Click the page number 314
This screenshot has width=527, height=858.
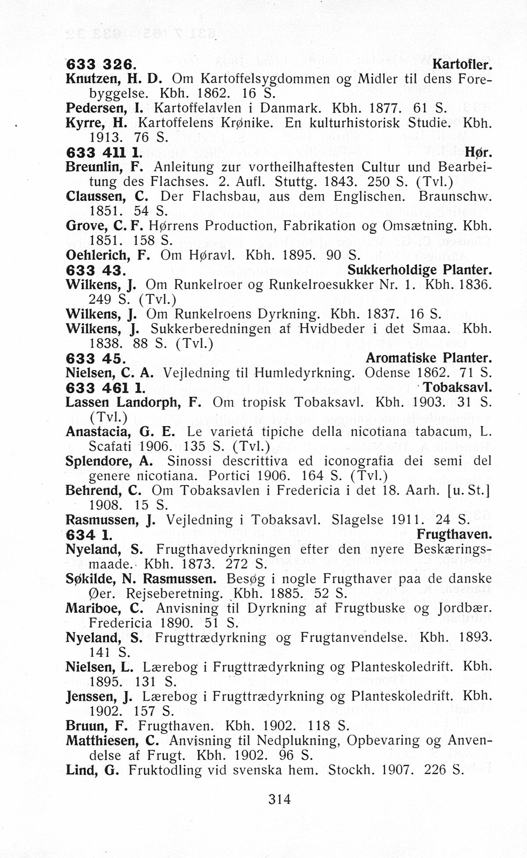pyautogui.click(x=279, y=798)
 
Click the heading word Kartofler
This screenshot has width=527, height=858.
pyautogui.click(x=462, y=65)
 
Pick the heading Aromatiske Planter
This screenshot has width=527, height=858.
pyautogui.click(x=429, y=358)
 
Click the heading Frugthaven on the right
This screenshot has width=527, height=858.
pyautogui.click(x=454, y=535)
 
